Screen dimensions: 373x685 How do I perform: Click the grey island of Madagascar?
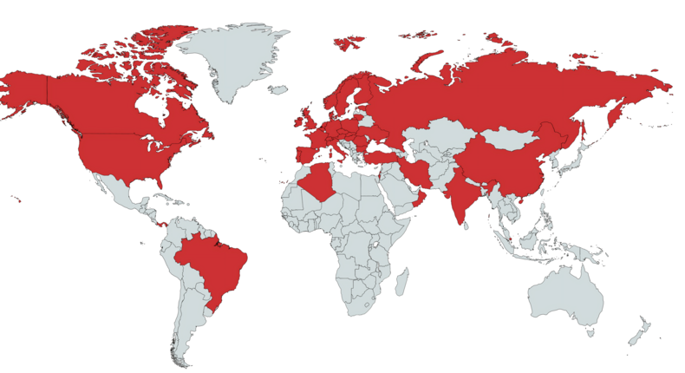click(x=402, y=281)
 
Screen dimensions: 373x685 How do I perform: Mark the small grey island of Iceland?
click(x=278, y=89)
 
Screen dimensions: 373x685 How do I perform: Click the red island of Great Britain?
click(x=306, y=117)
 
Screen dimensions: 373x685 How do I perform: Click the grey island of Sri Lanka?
click(x=466, y=225)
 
